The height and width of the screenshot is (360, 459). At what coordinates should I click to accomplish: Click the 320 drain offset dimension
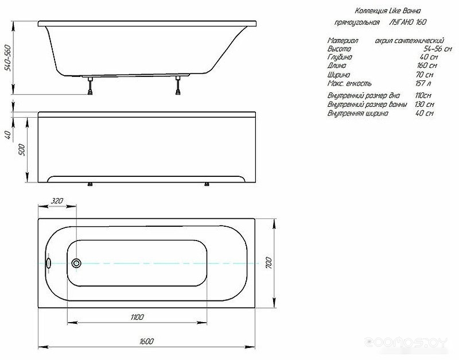point(57,201)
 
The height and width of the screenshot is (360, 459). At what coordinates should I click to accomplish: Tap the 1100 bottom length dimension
point(137,317)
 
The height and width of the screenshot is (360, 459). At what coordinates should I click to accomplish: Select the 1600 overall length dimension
point(146,341)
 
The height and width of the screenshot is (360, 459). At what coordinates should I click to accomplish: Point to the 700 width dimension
point(269,263)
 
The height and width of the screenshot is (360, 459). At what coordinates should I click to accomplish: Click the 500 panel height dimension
point(22,150)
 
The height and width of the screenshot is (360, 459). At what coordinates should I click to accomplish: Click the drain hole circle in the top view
point(77,263)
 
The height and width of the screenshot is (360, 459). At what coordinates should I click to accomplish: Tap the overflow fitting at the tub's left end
point(48,263)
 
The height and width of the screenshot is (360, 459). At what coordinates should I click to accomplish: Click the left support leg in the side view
point(91,86)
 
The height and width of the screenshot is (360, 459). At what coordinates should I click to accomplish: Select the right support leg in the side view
point(178,85)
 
